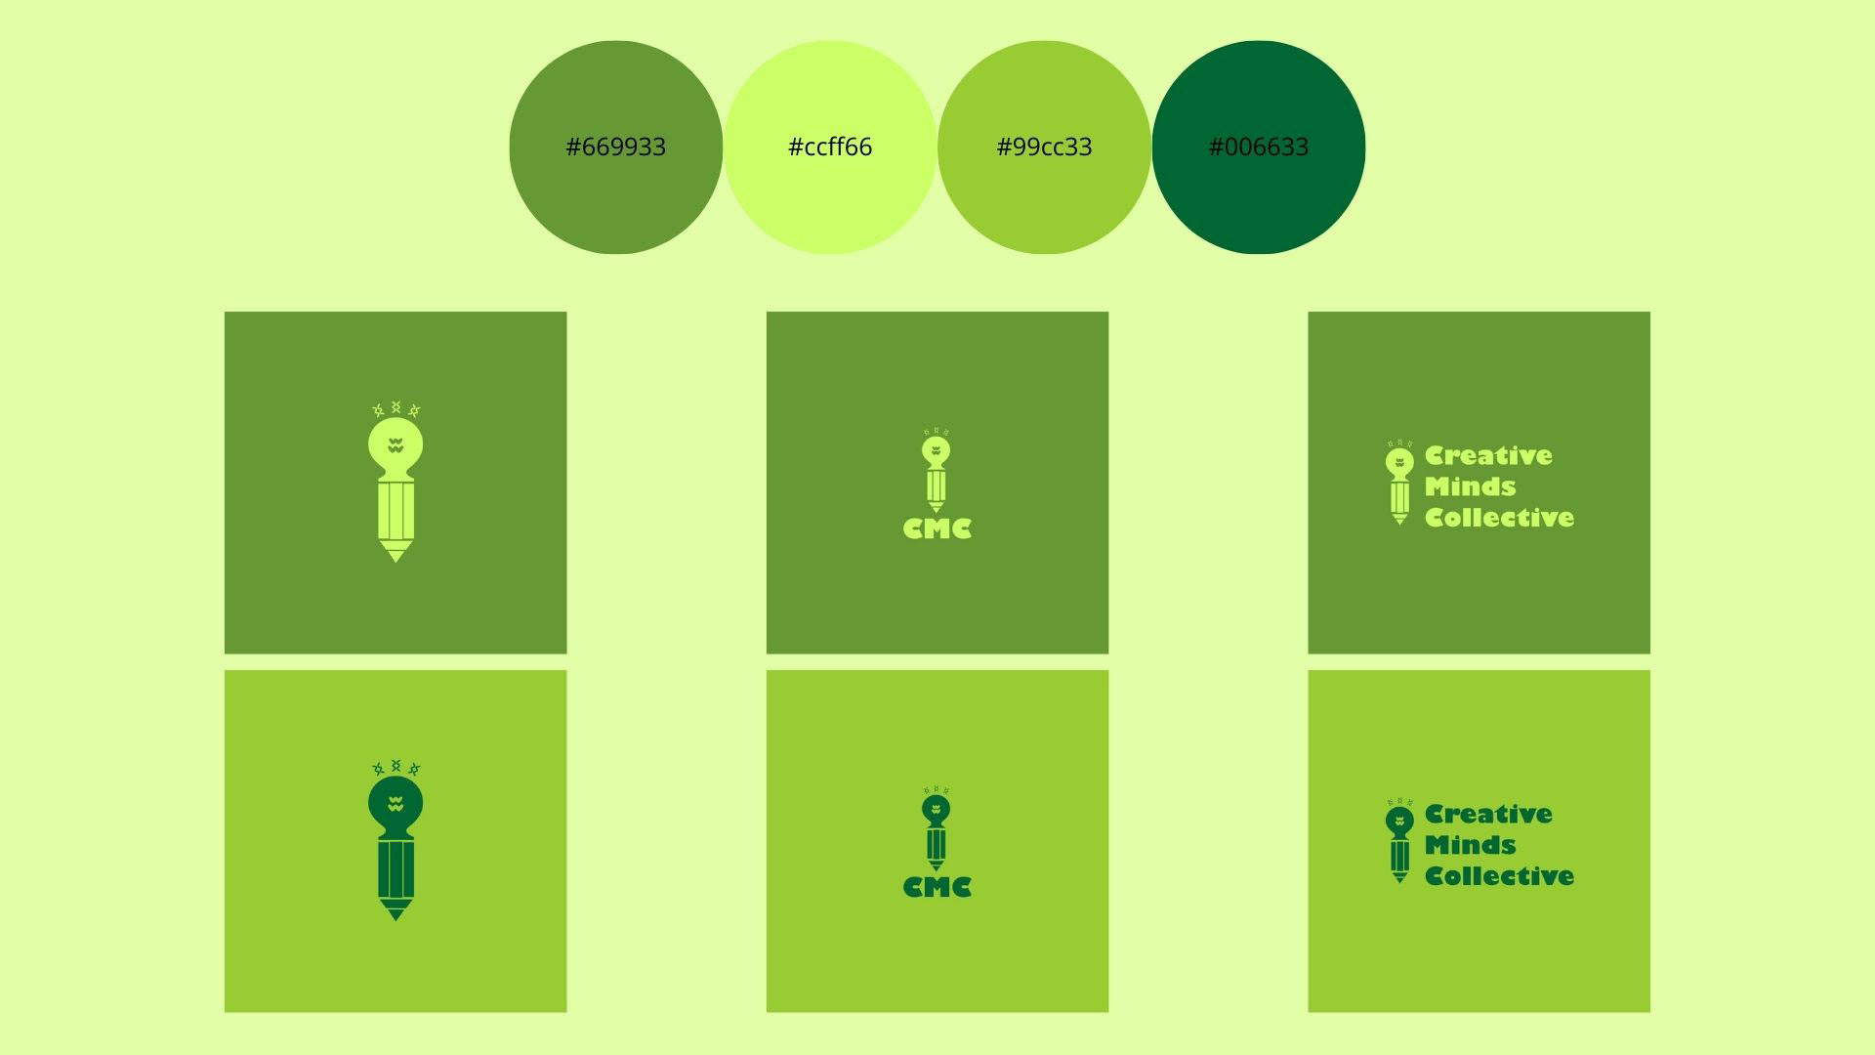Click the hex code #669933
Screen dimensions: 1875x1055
click(x=615, y=148)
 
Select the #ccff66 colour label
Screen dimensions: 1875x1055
click(x=829, y=148)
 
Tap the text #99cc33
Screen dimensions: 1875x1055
click(x=1044, y=148)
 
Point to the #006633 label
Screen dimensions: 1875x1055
click(x=1258, y=148)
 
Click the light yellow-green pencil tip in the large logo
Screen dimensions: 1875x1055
click(x=396, y=554)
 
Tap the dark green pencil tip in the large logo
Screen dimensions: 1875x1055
click(x=396, y=912)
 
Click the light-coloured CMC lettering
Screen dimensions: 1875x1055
click(x=937, y=528)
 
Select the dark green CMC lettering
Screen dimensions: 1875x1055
click(x=937, y=887)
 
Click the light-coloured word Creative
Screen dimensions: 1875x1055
click(x=1488, y=455)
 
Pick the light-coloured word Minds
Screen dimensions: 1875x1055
click(x=1470, y=486)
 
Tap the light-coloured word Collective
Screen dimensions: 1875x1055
click(x=1499, y=518)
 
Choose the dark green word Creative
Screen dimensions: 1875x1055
click(x=1488, y=814)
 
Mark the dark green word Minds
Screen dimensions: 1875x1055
click(x=1470, y=845)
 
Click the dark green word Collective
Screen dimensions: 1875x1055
click(x=1499, y=876)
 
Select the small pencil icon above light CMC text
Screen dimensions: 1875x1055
click(x=936, y=473)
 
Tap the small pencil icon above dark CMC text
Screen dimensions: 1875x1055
click(x=936, y=831)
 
